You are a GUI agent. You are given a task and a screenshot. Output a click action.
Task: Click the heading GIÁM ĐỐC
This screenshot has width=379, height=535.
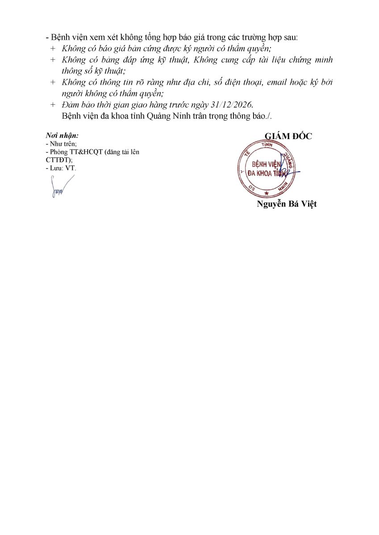[x=288, y=136]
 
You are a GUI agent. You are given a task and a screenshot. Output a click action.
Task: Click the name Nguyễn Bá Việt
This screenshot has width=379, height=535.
[x=287, y=204]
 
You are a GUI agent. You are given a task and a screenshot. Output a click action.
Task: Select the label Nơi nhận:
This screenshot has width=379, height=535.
[x=62, y=135]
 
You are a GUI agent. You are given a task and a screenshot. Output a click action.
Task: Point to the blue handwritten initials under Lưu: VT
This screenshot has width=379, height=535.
[x=61, y=186]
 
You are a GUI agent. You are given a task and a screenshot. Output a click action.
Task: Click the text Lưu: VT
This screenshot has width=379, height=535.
[x=61, y=168]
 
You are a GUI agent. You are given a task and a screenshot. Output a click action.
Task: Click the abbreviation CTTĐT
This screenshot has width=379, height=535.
[x=58, y=160]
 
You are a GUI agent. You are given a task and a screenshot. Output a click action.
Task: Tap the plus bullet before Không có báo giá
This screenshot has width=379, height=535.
[x=53, y=48]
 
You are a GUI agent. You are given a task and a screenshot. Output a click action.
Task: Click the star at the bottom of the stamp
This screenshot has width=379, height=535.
[x=267, y=193]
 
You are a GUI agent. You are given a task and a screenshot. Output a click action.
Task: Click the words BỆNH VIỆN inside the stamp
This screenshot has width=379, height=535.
[x=267, y=164]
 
